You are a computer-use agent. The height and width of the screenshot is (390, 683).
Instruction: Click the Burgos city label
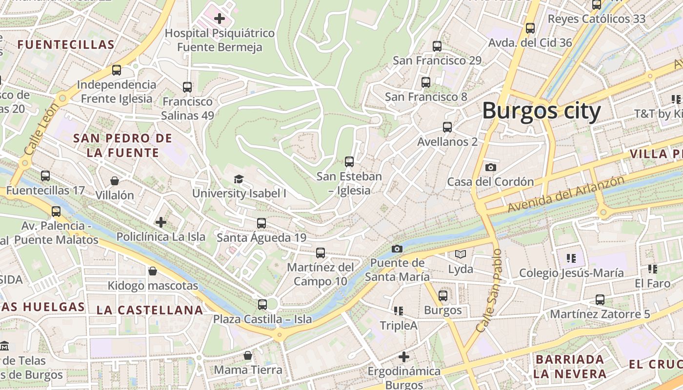click(541, 111)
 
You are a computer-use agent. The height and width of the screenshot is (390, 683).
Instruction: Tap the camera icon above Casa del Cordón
click(491, 167)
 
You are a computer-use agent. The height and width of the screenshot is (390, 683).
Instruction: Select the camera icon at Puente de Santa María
click(397, 249)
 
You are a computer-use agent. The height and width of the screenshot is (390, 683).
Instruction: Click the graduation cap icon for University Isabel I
click(239, 179)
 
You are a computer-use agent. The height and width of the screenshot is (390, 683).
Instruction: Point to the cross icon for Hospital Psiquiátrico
click(220, 19)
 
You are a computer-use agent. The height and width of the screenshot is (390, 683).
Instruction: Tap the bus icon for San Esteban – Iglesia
click(349, 161)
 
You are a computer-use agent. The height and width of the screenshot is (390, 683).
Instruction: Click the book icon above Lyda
click(461, 254)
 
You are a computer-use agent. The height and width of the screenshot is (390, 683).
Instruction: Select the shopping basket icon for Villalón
click(115, 181)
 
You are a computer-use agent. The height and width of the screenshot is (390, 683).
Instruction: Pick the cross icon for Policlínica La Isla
click(161, 222)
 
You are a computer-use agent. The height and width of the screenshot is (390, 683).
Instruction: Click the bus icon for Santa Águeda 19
click(261, 223)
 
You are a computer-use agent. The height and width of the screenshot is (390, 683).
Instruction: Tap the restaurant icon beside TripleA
click(399, 311)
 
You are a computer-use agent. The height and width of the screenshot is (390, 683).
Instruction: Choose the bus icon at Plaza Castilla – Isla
click(262, 305)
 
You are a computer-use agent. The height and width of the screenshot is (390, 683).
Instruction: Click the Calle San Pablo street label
click(489, 291)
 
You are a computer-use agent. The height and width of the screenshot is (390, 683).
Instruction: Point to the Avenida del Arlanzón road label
click(566, 194)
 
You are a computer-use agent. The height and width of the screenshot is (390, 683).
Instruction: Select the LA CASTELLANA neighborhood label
click(150, 310)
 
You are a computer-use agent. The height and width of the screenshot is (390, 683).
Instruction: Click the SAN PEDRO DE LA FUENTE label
click(123, 145)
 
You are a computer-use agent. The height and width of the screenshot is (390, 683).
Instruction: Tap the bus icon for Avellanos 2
click(447, 127)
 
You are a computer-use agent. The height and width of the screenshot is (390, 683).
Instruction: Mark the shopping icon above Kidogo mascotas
click(153, 271)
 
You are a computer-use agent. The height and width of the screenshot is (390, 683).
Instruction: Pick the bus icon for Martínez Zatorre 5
click(600, 300)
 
